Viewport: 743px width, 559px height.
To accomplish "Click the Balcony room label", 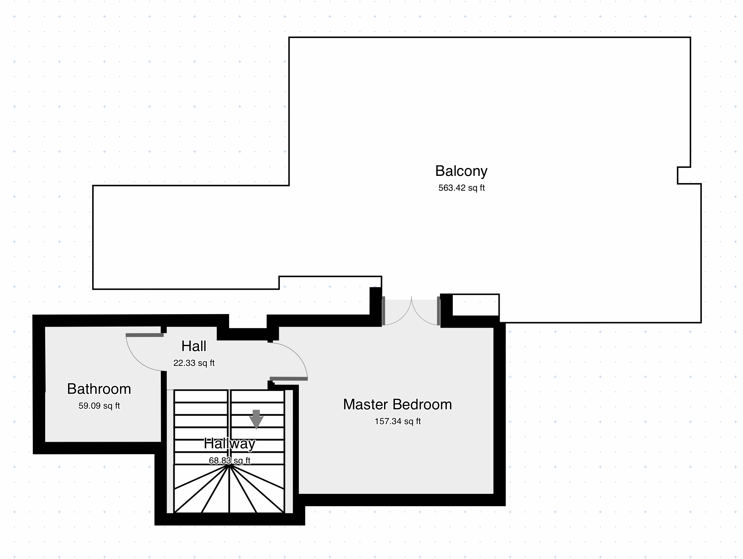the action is pos(461,171).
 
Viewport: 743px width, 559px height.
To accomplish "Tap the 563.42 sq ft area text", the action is pos(461,188).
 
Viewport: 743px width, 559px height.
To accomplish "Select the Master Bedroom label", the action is pos(397,405).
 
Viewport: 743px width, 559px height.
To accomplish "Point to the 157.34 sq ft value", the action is pos(398,421).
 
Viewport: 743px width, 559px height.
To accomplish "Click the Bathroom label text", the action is pos(99,389).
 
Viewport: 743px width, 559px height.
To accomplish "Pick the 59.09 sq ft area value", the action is pos(99,406).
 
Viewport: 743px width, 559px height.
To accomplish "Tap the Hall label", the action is pos(194,346).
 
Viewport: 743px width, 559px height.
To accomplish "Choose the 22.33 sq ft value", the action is pos(194,363).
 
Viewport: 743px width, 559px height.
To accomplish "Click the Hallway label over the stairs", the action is pos(229,443).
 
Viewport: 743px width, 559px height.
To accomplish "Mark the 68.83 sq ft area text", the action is pos(229,461).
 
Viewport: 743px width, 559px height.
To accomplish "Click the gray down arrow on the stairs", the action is pos(256,419).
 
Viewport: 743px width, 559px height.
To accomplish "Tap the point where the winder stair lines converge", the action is pos(229,465).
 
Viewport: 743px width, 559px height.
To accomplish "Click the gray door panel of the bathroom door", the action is pos(145,335).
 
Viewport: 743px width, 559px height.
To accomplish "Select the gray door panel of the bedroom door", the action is pos(289,379).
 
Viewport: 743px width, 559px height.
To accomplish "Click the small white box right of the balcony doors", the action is pos(476,305).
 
